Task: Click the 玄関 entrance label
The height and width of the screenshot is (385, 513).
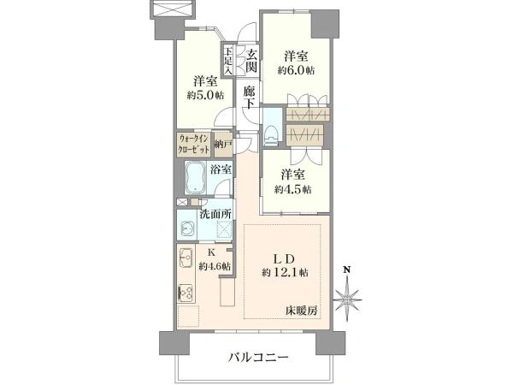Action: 251,61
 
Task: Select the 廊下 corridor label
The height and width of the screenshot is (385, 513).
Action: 249,98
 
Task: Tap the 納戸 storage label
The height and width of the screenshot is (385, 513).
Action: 221,143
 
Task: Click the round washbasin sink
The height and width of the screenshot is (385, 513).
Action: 186,228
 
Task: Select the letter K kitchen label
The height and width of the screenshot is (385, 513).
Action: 211,252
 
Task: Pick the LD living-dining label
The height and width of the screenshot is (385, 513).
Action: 285,258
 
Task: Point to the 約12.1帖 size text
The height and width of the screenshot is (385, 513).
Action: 286,272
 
